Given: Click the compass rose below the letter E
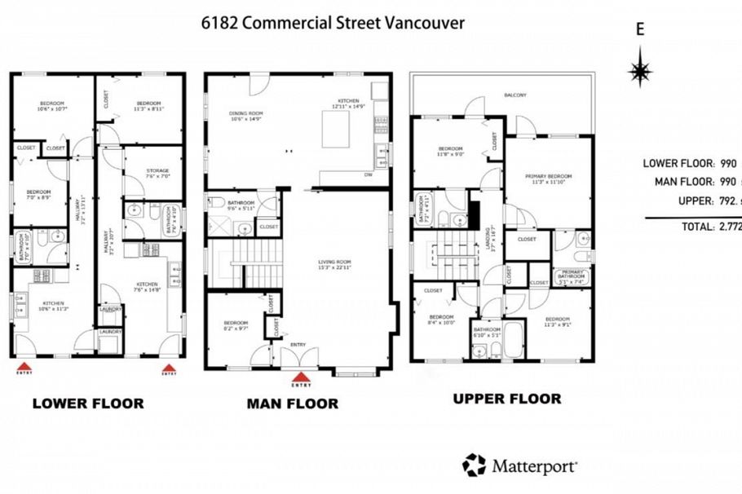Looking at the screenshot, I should point(640,68).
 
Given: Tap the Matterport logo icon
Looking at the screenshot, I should point(474,465).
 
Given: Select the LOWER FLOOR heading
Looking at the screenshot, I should point(87,404).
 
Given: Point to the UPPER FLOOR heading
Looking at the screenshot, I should point(506,399).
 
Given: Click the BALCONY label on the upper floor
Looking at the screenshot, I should point(515,95).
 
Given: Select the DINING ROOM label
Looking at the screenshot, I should point(245,115).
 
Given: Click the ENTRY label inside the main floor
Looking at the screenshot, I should point(299,346).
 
